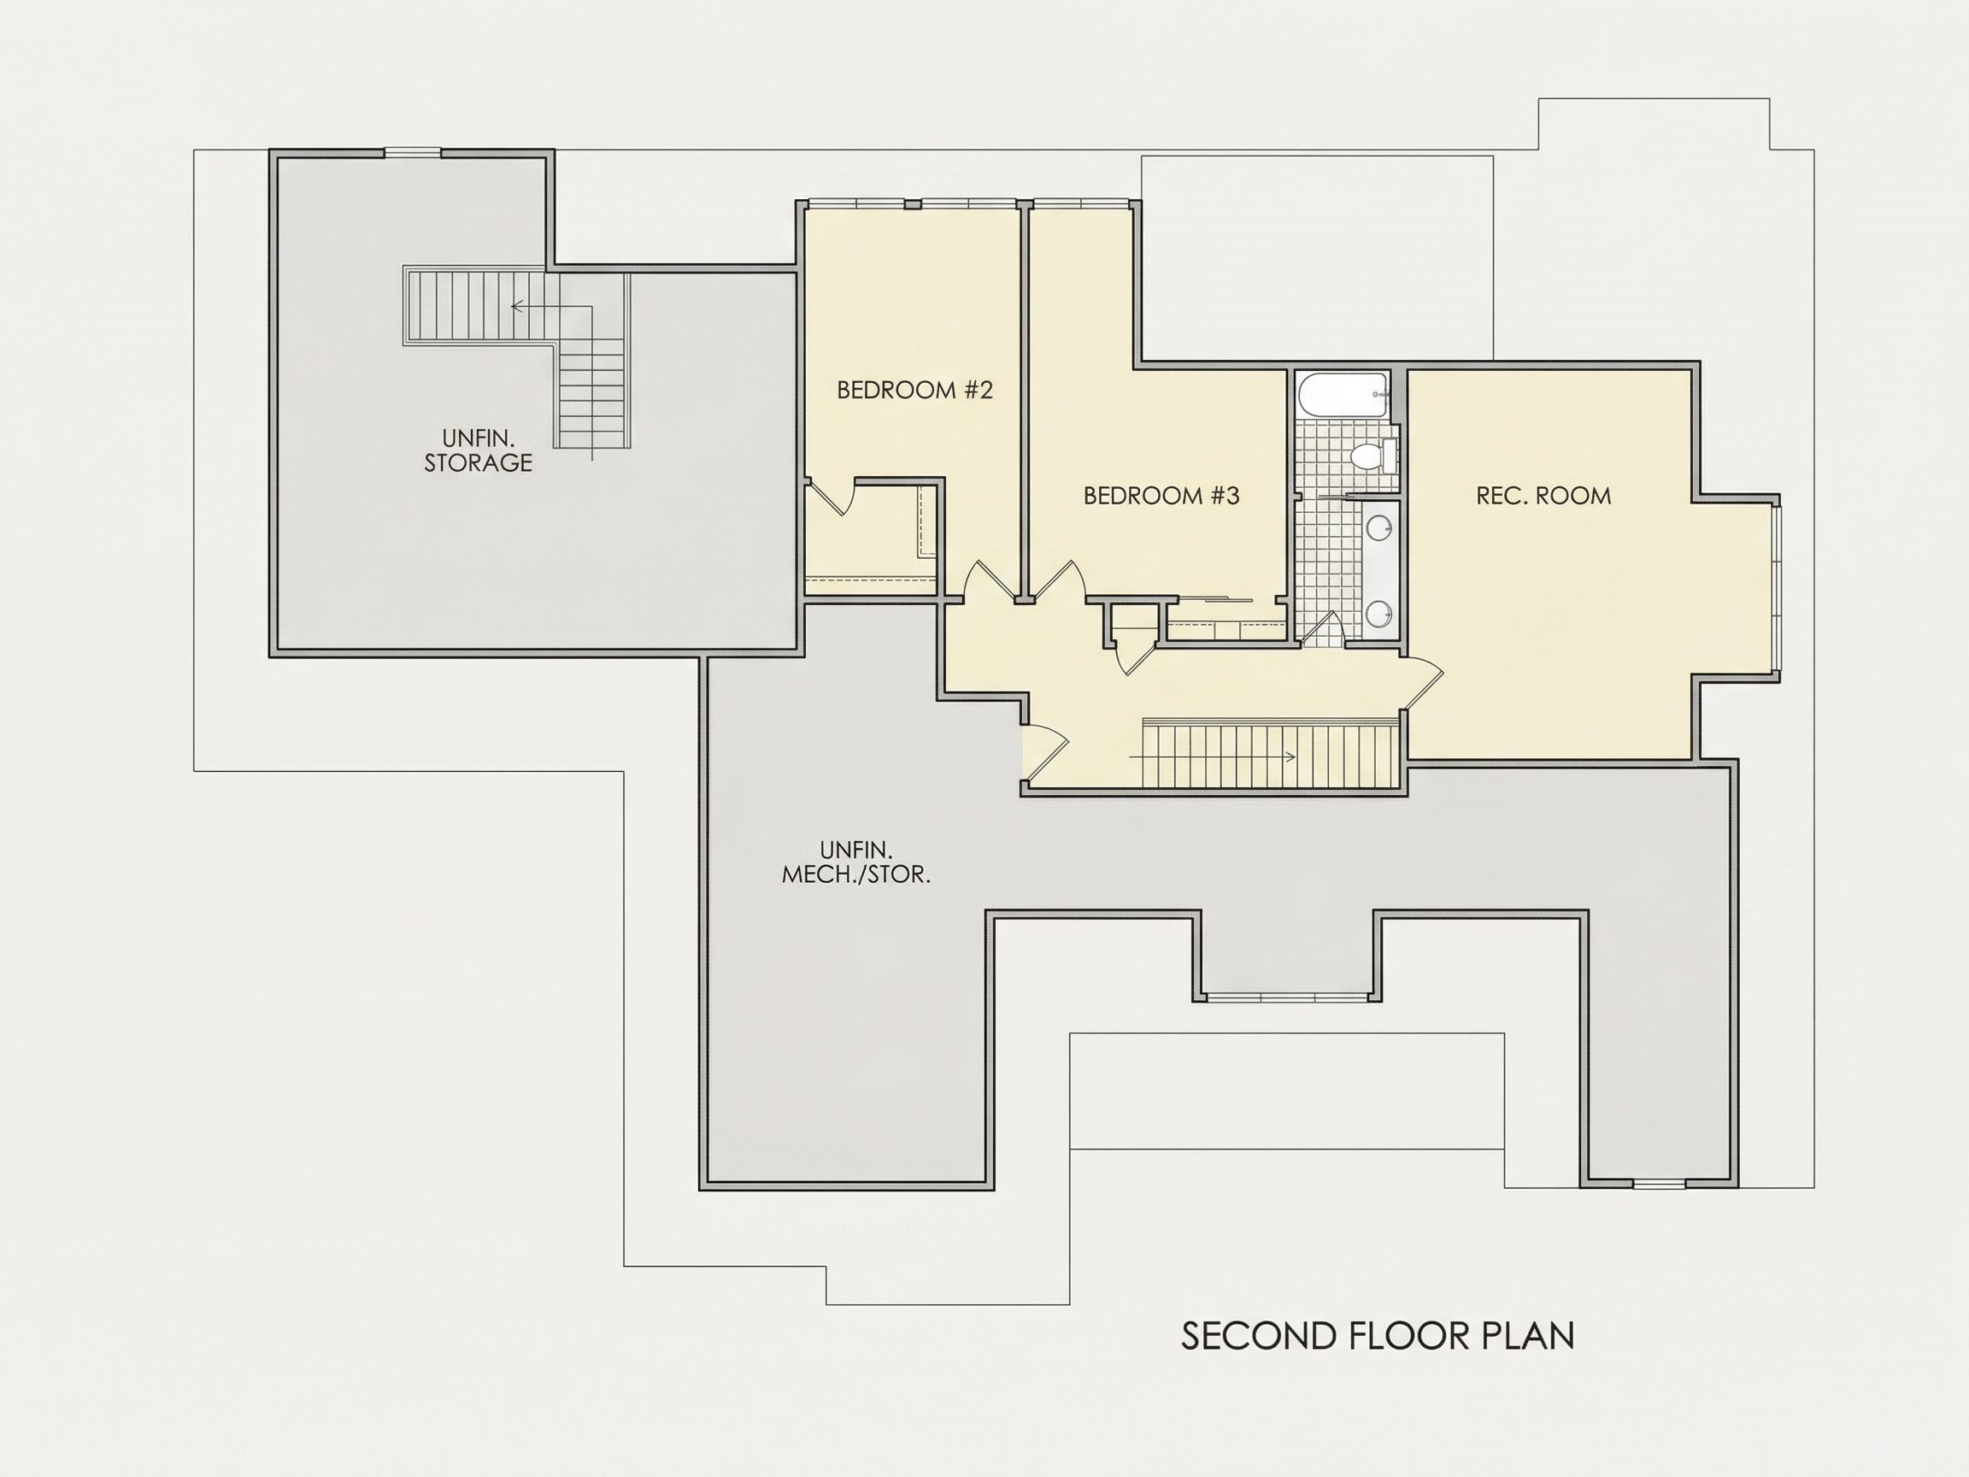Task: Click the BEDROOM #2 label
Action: tap(914, 390)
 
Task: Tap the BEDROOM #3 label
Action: tap(1161, 496)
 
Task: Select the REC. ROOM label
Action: tap(1543, 496)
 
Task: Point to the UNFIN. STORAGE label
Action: tap(478, 450)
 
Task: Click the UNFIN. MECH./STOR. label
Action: tap(856, 862)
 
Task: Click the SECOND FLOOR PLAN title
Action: tap(1378, 1335)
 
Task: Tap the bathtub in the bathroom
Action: tap(1343, 395)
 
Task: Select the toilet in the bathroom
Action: tap(1371, 456)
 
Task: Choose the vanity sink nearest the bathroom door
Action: tap(1378, 613)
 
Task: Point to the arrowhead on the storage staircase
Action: tap(517, 306)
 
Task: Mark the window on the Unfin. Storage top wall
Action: tap(412, 153)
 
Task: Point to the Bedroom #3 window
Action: tap(1079, 204)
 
